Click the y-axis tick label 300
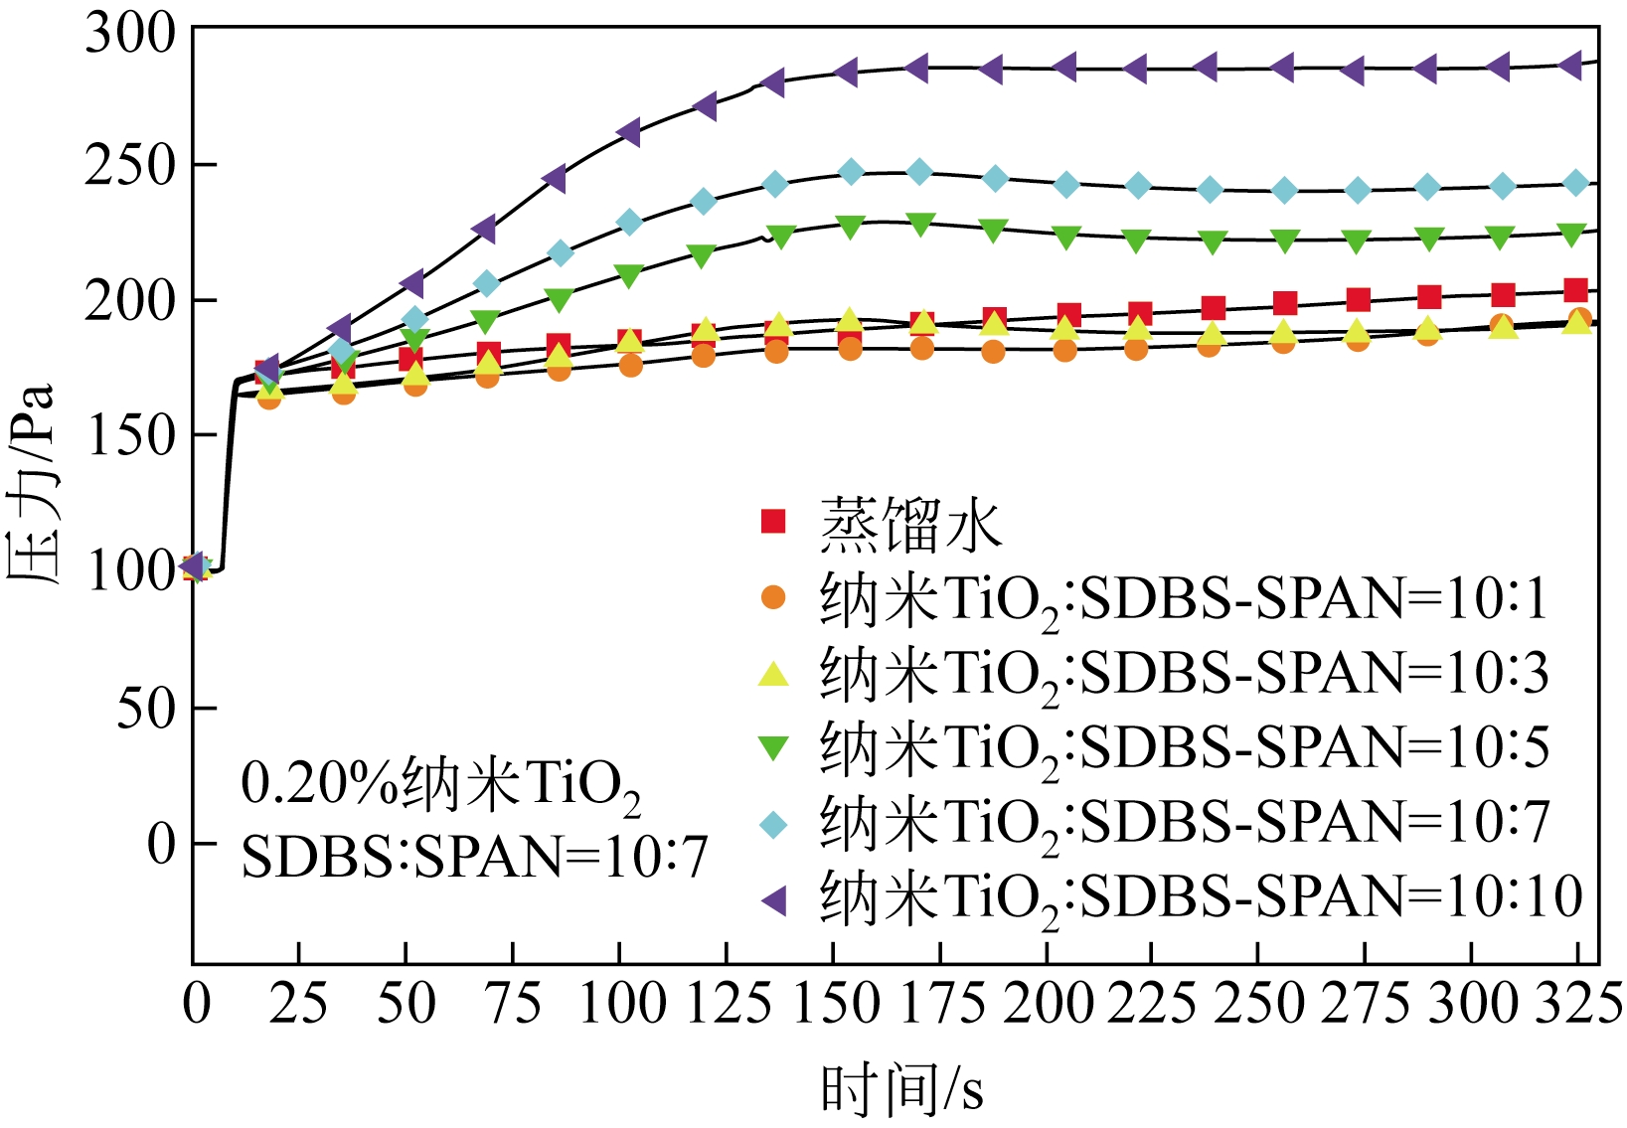130,35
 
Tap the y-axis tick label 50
147,709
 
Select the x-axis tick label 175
940,1004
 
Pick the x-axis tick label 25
298,1004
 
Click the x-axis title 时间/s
902,1088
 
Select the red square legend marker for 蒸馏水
773,521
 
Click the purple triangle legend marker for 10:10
773,900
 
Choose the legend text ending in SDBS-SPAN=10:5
1184,747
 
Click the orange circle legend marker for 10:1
773,596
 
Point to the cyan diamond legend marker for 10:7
773,824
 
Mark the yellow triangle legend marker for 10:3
773,674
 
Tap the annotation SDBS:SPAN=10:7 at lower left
474,856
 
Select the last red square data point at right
1575,290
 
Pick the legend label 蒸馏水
910,524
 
